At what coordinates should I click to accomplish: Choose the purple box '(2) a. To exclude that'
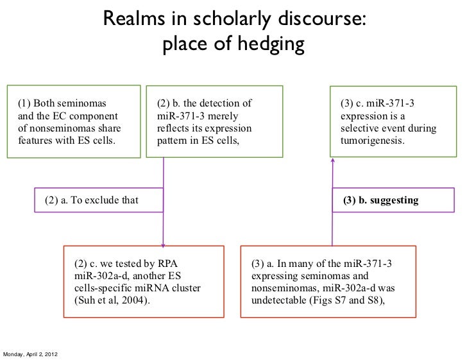coord(92,200)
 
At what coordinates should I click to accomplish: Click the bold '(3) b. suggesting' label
coord(380,200)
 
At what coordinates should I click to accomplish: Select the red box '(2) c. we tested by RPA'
coord(144,281)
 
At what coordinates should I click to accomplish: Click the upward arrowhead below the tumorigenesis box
coord(332,162)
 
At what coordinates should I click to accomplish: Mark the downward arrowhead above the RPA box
coord(163,243)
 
